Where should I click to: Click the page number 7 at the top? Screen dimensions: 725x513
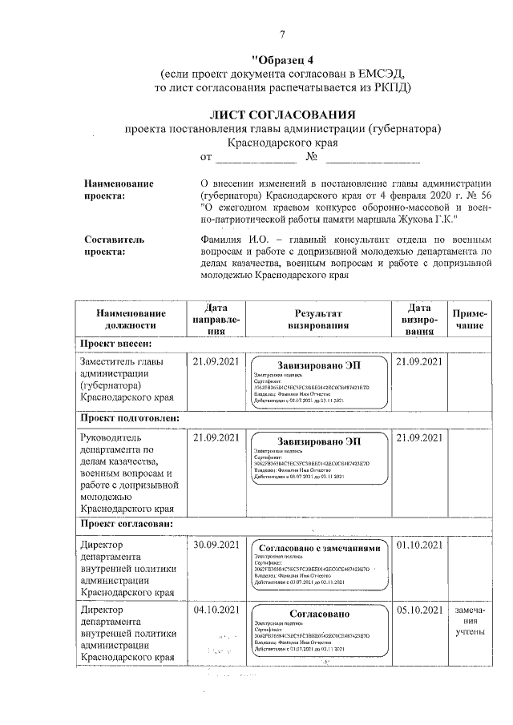pos(282,34)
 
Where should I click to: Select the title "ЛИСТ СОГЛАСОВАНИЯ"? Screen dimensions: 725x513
pos(283,115)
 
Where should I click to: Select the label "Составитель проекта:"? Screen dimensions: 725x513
pos(114,245)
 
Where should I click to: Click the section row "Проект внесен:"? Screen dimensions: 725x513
pos(114,344)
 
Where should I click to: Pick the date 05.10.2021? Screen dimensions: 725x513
pos(419,610)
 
